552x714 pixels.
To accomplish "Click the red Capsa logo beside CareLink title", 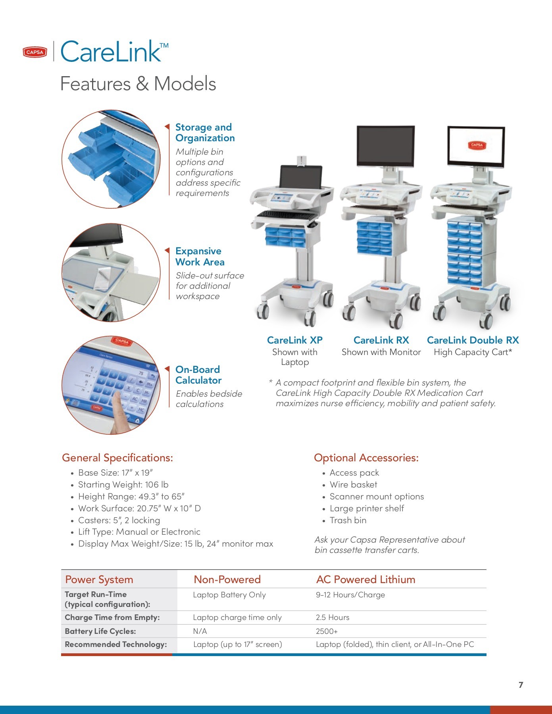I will pos(35,52).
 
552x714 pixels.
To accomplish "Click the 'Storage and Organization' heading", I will pos(205,132).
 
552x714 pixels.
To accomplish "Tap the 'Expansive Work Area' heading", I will pos(200,257).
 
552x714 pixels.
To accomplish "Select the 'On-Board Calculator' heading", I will pos(198,375).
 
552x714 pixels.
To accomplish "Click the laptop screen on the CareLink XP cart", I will pos(300,177).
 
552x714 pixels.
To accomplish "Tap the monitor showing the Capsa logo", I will pos(476,146).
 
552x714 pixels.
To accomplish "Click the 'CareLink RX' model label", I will pos(381,340).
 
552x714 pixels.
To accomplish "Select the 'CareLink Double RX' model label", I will pos(473,340).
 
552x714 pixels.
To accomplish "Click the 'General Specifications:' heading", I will pos(117,458).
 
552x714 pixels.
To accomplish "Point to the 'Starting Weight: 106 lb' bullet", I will pos(123,484).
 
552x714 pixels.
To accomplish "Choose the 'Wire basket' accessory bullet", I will pos(353,484).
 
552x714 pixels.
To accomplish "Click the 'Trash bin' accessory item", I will pos(348,520).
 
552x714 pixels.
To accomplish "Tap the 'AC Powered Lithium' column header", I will pos(365,580).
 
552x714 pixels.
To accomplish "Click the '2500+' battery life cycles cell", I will pos(327,631).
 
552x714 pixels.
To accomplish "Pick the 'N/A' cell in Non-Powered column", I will pos(200,631).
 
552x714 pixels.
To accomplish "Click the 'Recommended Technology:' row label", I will pos(116,644).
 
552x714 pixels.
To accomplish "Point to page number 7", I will pos(521,685).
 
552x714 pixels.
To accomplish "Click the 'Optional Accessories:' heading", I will pos(366,458).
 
